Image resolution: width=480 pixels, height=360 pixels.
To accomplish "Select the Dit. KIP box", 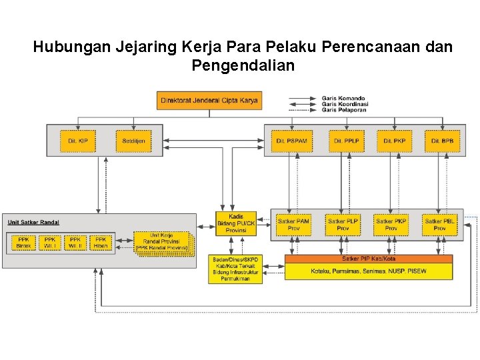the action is (78, 141).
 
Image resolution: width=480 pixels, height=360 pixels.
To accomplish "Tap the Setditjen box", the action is (133, 141).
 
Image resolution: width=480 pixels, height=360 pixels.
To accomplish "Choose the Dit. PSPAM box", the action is (291, 141).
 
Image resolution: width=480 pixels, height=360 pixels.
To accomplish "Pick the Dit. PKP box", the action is (394, 141).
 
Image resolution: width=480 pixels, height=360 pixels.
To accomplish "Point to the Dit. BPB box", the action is (442, 141).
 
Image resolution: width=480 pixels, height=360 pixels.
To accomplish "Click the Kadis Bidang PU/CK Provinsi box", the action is (236, 223).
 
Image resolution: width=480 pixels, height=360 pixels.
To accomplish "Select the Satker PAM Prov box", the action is (294, 225).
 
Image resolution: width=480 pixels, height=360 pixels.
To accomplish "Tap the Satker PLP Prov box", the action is (343, 225).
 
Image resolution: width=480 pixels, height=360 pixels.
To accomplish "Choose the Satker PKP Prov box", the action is (391, 225).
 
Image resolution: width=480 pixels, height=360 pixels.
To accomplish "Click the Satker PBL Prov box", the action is (440, 225).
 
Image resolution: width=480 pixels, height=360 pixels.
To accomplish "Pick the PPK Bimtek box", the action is (23, 243).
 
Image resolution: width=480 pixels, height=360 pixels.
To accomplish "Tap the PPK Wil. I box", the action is (50, 243).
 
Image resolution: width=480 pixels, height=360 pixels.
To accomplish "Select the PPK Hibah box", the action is (101, 243).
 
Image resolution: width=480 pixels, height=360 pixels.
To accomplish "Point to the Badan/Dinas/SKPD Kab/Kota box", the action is (235, 269).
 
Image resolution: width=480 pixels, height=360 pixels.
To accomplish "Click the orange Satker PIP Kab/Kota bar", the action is (369, 259).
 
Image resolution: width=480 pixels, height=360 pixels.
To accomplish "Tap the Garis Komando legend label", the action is (343, 99).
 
